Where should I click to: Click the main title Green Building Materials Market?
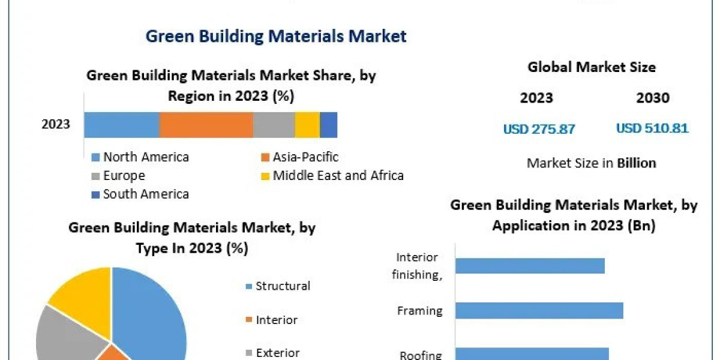(x=276, y=36)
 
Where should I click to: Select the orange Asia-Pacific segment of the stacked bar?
(x=206, y=125)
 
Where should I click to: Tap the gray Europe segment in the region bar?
(x=274, y=125)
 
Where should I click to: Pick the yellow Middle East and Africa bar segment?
(x=307, y=125)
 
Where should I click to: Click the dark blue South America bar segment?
(x=328, y=125)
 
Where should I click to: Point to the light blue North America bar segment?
(x=121, y=125)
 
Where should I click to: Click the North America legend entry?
(x=145, y=157)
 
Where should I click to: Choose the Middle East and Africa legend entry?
(x=337, y=176)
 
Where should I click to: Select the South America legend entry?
(x=145, y=194)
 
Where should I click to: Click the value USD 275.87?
(x=539, y=128)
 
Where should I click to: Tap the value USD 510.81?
(x=652, y=128)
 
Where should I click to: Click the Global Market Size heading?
(x=592, y=67)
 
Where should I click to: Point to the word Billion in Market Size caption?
(x=636, y=163)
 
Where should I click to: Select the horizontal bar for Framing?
(x=539, y=310)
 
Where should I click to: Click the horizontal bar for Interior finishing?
(x=529, y=265)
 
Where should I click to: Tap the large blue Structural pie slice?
(x=150, y=312)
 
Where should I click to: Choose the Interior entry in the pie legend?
(x=276, y=320)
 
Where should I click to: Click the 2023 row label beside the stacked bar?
(x=56, y=125)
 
